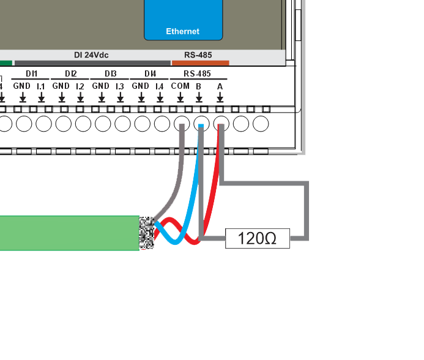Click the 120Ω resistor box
tap(258, 238)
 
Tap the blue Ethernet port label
tap(182, 31)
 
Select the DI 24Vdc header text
tap(91, 55)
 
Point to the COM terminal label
tap(180, 86)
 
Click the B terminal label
tap(199, 86)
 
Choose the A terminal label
tap(220, 86)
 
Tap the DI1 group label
tap(31, 74)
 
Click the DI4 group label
tap(150, 74)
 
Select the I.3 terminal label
tap(120, 86)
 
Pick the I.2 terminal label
tap(80, 86)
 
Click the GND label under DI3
tap(100, 86)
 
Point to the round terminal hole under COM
tap(182, 124)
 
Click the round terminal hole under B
tap(201, 124)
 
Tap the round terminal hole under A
tap(221, 124)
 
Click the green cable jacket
tap(67, 233)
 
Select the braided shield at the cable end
tap(147, 233)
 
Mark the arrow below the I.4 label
tap(160, 97)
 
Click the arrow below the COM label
tap(180, 97)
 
